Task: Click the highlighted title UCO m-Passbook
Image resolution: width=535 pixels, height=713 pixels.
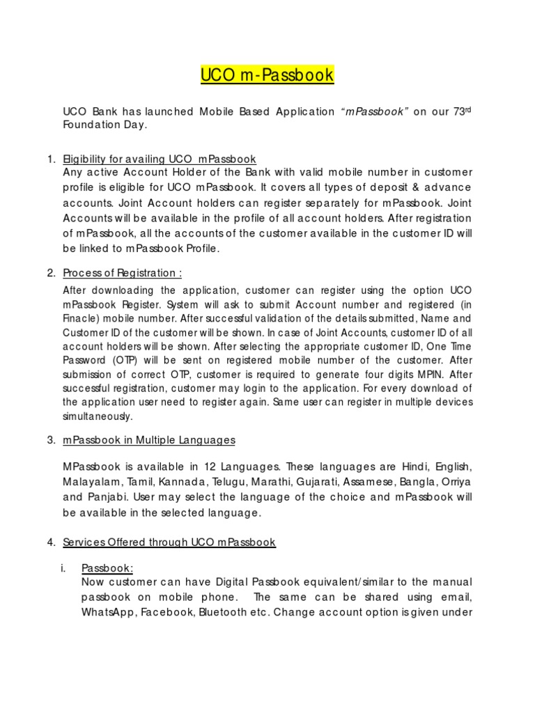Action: (267, 75)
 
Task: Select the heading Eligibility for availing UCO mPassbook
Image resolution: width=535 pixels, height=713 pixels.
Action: (160, 159)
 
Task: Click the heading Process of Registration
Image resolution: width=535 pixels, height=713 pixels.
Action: (123, 272)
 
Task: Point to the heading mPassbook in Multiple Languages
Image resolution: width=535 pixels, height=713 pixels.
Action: (148, 440)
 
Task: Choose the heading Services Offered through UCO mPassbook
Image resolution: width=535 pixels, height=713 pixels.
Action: (169, 542)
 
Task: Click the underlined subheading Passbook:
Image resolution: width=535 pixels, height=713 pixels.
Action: (107, 568)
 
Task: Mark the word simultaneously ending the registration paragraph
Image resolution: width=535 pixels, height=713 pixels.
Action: (97, 416)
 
